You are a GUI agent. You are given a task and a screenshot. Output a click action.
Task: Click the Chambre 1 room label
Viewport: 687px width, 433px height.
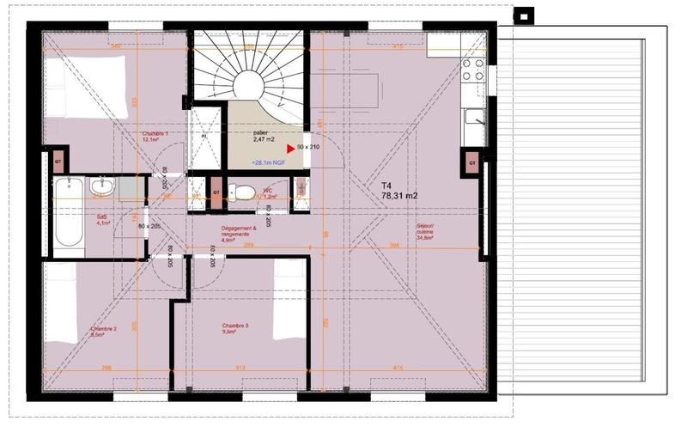pos(155,137)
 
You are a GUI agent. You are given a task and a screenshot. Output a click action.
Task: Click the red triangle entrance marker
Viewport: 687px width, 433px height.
pos(289,148)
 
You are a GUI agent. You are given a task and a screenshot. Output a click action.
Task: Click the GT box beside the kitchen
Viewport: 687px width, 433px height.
pos(471,162)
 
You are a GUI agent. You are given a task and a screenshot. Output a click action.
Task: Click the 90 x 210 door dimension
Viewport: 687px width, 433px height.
pos(307,148)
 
